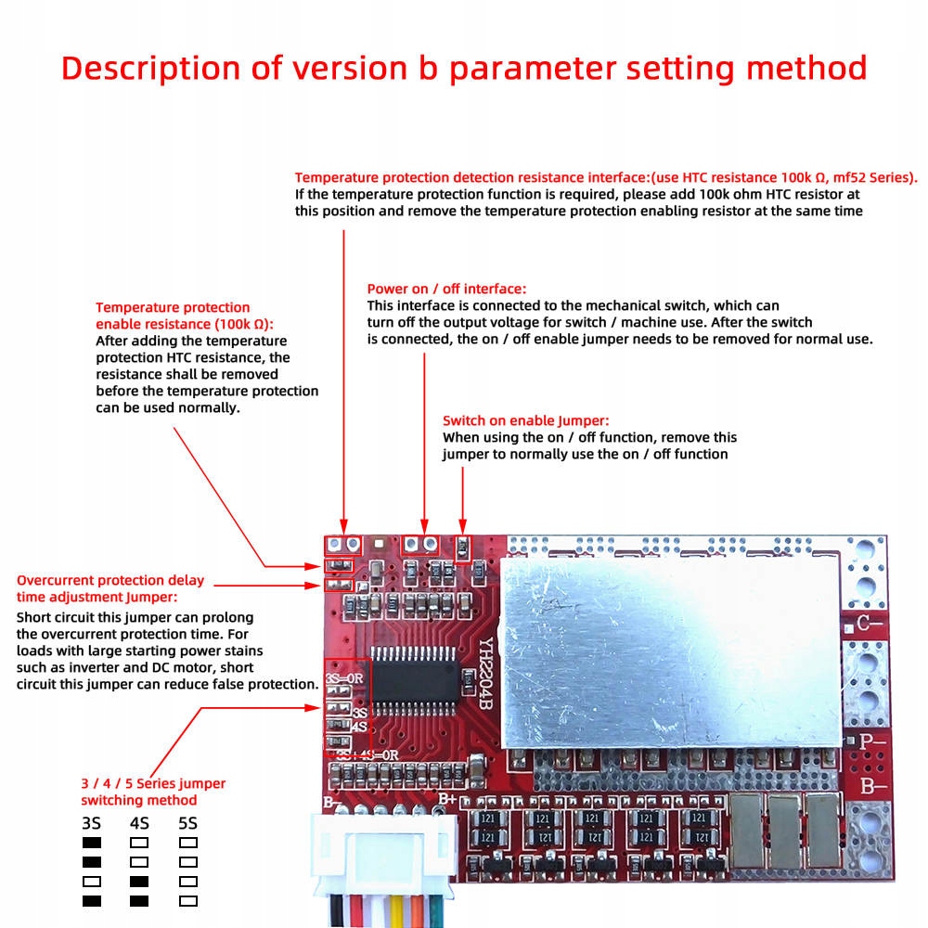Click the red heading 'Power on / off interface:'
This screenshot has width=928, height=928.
[x=446, y=289]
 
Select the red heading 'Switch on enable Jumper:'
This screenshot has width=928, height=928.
[x=526, y=420]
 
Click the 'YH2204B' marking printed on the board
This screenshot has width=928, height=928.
[x=485, y=677]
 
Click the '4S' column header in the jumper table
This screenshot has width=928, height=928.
[x=139, y=823]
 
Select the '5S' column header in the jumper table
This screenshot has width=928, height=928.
[x=188, y=823]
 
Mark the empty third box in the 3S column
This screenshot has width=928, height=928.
[x=91, y=881]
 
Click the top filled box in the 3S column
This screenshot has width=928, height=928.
[x=91, y=843]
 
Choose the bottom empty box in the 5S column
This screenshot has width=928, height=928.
[x=188, y=900]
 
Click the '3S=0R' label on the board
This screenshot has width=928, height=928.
[x=343, y=677]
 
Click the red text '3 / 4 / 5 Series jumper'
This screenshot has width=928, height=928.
[x=153, y=783]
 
